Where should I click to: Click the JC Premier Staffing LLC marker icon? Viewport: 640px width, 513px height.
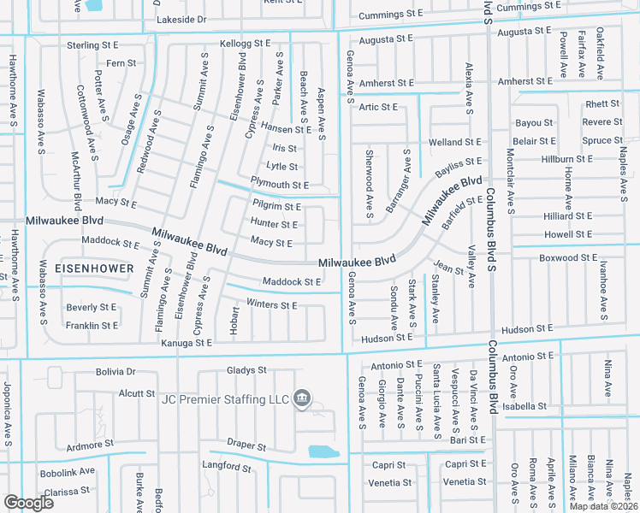coord(301,398)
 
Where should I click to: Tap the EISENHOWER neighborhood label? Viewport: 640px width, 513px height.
coord(94,268)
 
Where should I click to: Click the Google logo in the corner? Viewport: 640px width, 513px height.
coord(28,502)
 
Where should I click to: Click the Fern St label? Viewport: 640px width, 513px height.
coord(121,63)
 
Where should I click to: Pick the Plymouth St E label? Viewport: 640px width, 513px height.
coord(279,185)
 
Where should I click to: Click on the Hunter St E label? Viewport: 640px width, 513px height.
coord(274,224)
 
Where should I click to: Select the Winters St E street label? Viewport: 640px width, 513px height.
coord(271,305)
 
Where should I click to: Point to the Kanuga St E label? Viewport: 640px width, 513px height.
coord(187,343)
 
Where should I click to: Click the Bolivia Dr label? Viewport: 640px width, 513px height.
coord(115,372)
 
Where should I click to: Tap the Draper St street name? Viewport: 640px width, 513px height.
coord(246,447)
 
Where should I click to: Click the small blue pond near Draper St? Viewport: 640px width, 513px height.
coord(323,451)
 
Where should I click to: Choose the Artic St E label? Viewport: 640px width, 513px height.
coord(378,107)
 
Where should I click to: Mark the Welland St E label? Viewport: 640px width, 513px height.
coord(455,142)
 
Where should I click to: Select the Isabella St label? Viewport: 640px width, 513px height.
coord(524,406)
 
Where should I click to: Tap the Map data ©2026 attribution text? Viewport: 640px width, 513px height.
coord(603,506)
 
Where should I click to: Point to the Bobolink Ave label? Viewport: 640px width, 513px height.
coord(66,471)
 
